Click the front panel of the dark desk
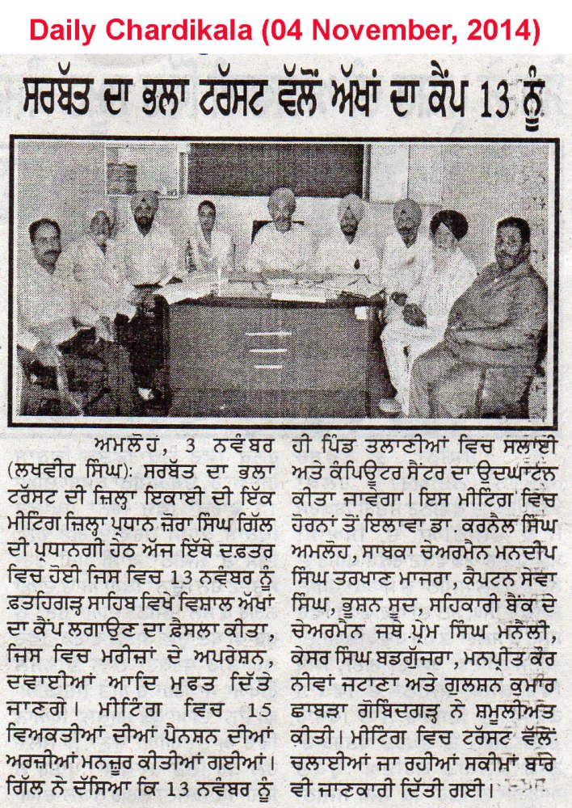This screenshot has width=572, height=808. [x=275, y=347]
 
